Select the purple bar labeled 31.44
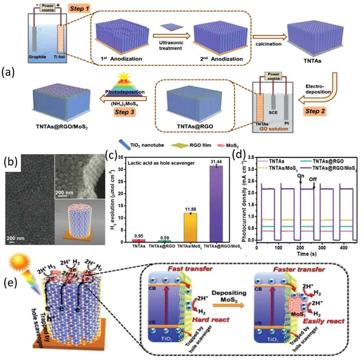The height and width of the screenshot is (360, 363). pos(218,204)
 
